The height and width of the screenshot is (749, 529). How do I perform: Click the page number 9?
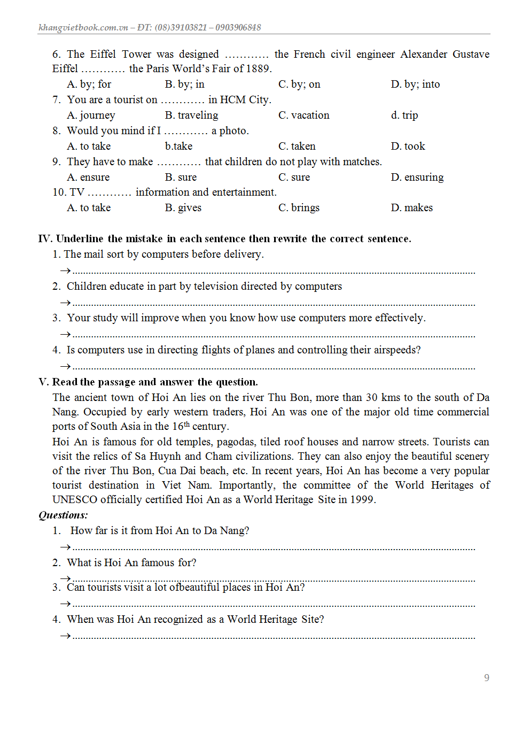pos(486,678)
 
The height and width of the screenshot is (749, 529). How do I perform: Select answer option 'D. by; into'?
pos(415,84)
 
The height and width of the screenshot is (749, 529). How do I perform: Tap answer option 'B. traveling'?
pos(191,115)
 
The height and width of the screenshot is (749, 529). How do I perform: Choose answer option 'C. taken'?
pos(297,146)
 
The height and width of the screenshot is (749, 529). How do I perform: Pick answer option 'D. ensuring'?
pos(417,177)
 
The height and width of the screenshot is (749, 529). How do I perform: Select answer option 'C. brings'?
pos(299,208)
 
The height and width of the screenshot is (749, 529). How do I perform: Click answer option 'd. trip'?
pos(404,115)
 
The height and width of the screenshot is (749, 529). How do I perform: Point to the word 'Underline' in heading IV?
pos(79,239)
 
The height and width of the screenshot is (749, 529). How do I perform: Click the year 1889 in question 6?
pos(258,69)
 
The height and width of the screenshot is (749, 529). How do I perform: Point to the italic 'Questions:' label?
pos(63,515)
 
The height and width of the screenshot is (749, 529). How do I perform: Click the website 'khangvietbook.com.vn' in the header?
pos(83,28)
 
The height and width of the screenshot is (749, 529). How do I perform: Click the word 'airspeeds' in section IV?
pos(394,350)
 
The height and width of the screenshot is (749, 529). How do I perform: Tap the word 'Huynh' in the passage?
pos(165,457)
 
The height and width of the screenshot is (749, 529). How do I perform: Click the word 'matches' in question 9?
pos(362,162)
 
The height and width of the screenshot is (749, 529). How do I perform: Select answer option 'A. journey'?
pos(91,115)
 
